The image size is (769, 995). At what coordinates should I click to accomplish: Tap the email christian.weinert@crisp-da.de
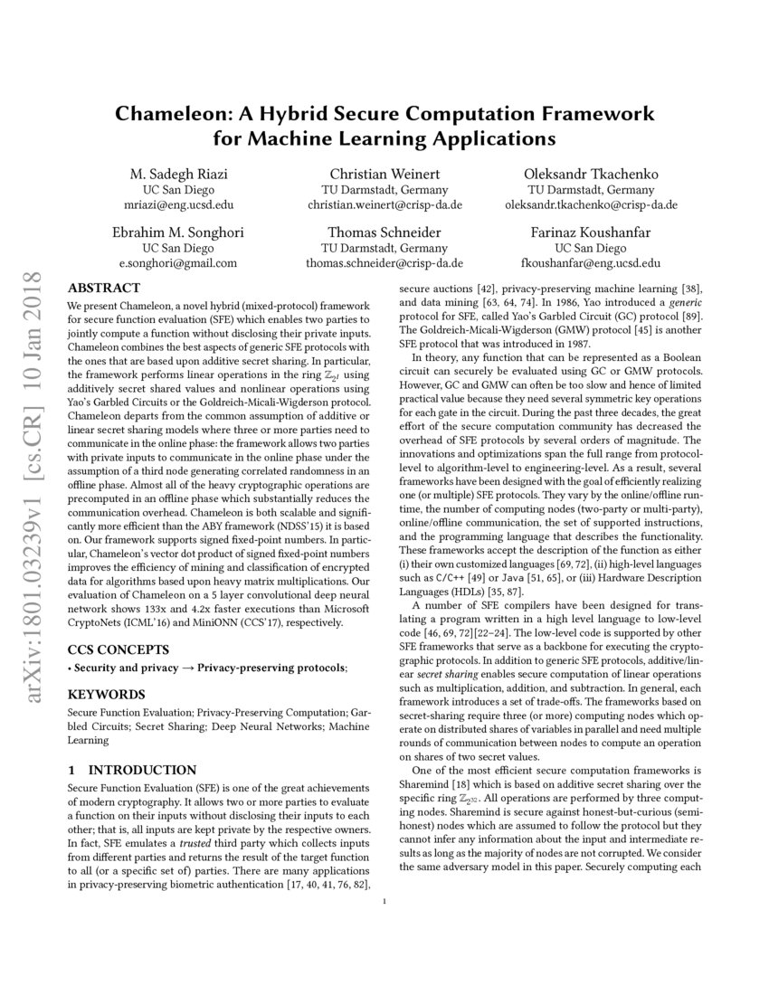384,205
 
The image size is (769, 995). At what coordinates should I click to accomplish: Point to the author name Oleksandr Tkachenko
592,174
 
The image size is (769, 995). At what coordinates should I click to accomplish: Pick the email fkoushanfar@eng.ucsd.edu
591,263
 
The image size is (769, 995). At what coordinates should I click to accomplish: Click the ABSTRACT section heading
103,288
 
